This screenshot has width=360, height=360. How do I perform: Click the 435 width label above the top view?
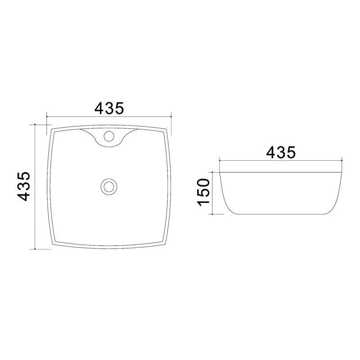pos(109,108)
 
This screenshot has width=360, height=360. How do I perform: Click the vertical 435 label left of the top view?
pos(24,186)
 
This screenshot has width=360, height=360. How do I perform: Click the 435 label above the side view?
pos(281,152)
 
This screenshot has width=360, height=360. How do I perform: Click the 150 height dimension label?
pos(203,192)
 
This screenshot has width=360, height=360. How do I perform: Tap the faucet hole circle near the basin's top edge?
pos(109,136)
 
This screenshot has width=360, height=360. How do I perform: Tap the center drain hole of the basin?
pos(109,187)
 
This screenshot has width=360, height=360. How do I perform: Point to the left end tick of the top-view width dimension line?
pos(47,117)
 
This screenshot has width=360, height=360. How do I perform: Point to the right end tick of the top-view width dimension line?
pos(171,117)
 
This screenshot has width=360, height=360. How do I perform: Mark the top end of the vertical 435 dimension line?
pos(35,125)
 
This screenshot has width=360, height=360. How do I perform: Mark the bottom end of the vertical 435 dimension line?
pos(35,249)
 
